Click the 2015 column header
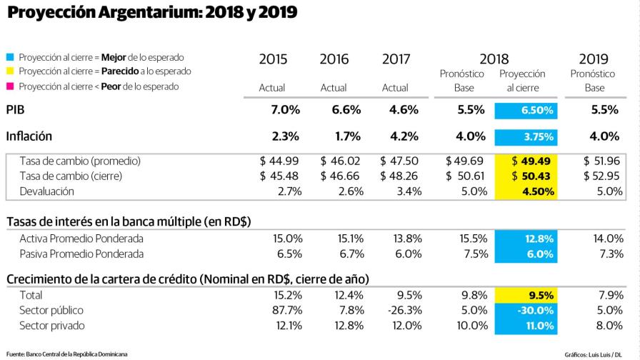272,59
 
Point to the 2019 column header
594,59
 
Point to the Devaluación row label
47,191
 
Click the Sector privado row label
52,326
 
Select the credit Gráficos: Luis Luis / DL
597,354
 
